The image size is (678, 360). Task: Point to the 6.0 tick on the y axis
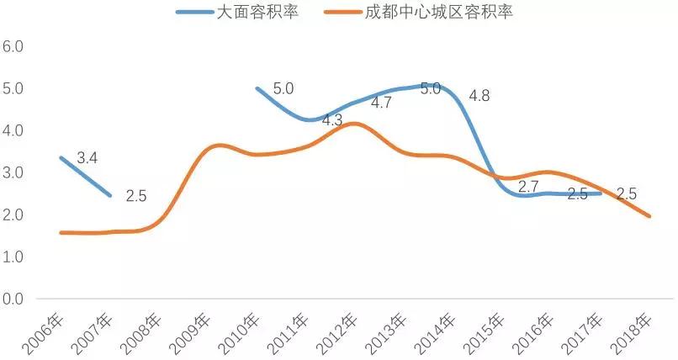coord(13,46)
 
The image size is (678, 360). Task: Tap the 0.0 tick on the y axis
coord(13,299)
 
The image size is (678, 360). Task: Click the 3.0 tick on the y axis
coord(13,173)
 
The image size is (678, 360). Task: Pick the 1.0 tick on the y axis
coord(13,257)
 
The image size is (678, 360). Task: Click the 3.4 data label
coord(87,157)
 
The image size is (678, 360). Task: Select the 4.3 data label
coord(332,120)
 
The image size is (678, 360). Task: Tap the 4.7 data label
coord(381,103)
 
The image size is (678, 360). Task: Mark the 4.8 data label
coord(479,96)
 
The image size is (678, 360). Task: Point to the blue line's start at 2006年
coord(61,157)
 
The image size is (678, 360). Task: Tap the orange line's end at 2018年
coord(649,216)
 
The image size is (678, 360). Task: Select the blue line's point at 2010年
coord(257,88)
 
